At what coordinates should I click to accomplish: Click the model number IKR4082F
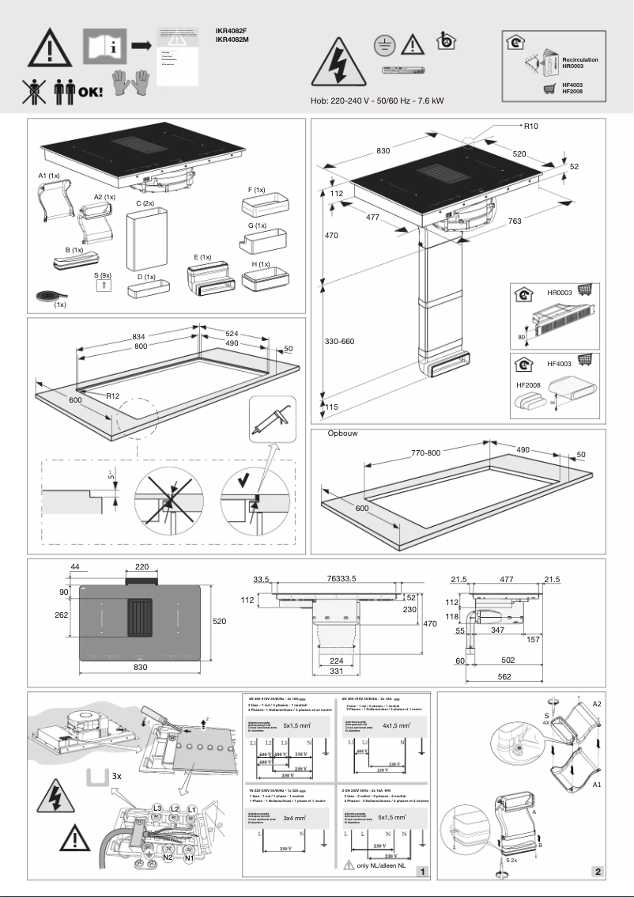click(232, 31)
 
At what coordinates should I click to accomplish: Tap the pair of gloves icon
click(130, 82)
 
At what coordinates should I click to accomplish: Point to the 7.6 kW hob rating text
click(430, 100)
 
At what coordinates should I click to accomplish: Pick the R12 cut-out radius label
click(108, 395)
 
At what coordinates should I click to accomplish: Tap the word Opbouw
click(343, 435)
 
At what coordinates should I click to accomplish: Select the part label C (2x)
click(145, 203)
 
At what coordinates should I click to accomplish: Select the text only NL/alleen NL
click(386, 866)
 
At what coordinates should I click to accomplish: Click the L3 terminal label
click(158, 808)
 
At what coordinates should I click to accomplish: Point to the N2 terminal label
click(168, 857)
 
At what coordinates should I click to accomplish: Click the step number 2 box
click(598, 872)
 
